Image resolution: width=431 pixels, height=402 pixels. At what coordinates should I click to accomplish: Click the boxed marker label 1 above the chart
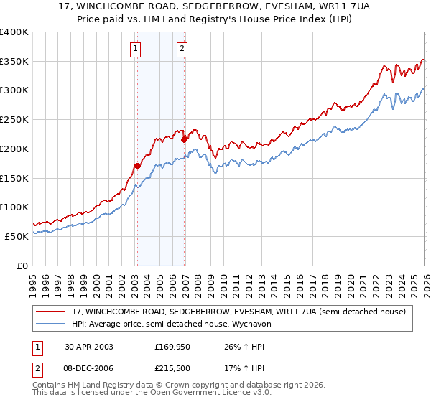[x=136, y=49]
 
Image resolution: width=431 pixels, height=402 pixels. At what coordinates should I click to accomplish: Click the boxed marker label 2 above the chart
[x=182, y=49]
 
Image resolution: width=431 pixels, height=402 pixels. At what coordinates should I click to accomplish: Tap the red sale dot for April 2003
[x=138, y=166]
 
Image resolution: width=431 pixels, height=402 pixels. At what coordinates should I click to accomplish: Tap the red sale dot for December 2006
[x=185, y=139]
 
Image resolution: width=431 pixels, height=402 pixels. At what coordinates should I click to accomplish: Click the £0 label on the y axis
[x=22, y=266]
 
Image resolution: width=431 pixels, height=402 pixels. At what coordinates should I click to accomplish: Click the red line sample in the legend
[x=51, y=312]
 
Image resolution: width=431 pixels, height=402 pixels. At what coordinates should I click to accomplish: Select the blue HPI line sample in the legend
[x=51, y=324]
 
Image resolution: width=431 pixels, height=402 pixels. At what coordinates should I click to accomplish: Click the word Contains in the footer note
[x=50, y=385]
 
